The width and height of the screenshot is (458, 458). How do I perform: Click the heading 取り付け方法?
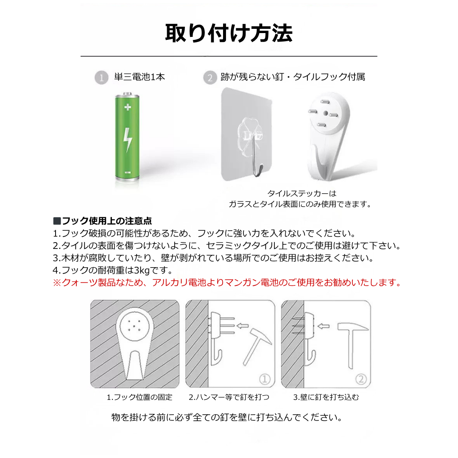(x=229, y=34)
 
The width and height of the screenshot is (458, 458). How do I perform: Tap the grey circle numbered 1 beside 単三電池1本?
(x=101, y=78)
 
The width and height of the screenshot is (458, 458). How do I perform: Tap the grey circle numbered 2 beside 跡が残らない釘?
(x=210, y=78)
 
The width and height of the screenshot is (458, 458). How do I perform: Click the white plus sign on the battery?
(x=128, y=107)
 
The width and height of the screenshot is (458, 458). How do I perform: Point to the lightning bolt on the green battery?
(x=128, y=140)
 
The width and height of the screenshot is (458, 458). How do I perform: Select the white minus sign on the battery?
(x=128, y=172)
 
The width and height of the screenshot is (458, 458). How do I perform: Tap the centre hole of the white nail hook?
(x=326, y=113)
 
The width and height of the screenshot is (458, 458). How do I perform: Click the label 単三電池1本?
(x=140, y=77)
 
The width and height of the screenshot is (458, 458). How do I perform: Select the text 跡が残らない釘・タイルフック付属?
(x=293, y=77)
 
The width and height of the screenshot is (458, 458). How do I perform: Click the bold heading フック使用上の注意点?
(x=107, y=221)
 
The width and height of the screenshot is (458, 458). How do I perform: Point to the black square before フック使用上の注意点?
(x=57, y=221)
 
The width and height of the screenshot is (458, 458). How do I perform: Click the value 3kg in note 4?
(x=142, y=270)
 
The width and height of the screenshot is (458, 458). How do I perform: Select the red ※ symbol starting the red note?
(x=57, y=283)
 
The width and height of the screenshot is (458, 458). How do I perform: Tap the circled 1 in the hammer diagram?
(x=265, y=379)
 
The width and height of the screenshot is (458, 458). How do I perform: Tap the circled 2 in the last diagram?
(x=361, y=379)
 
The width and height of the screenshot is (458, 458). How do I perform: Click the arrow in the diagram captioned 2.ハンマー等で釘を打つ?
(x=243, y=326)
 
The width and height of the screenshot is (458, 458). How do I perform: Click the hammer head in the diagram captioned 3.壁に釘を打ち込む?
(x=353, y=327)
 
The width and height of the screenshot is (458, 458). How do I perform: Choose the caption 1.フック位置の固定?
(x=140, y=397)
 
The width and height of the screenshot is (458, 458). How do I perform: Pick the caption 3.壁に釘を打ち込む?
(x=326, y=397)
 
